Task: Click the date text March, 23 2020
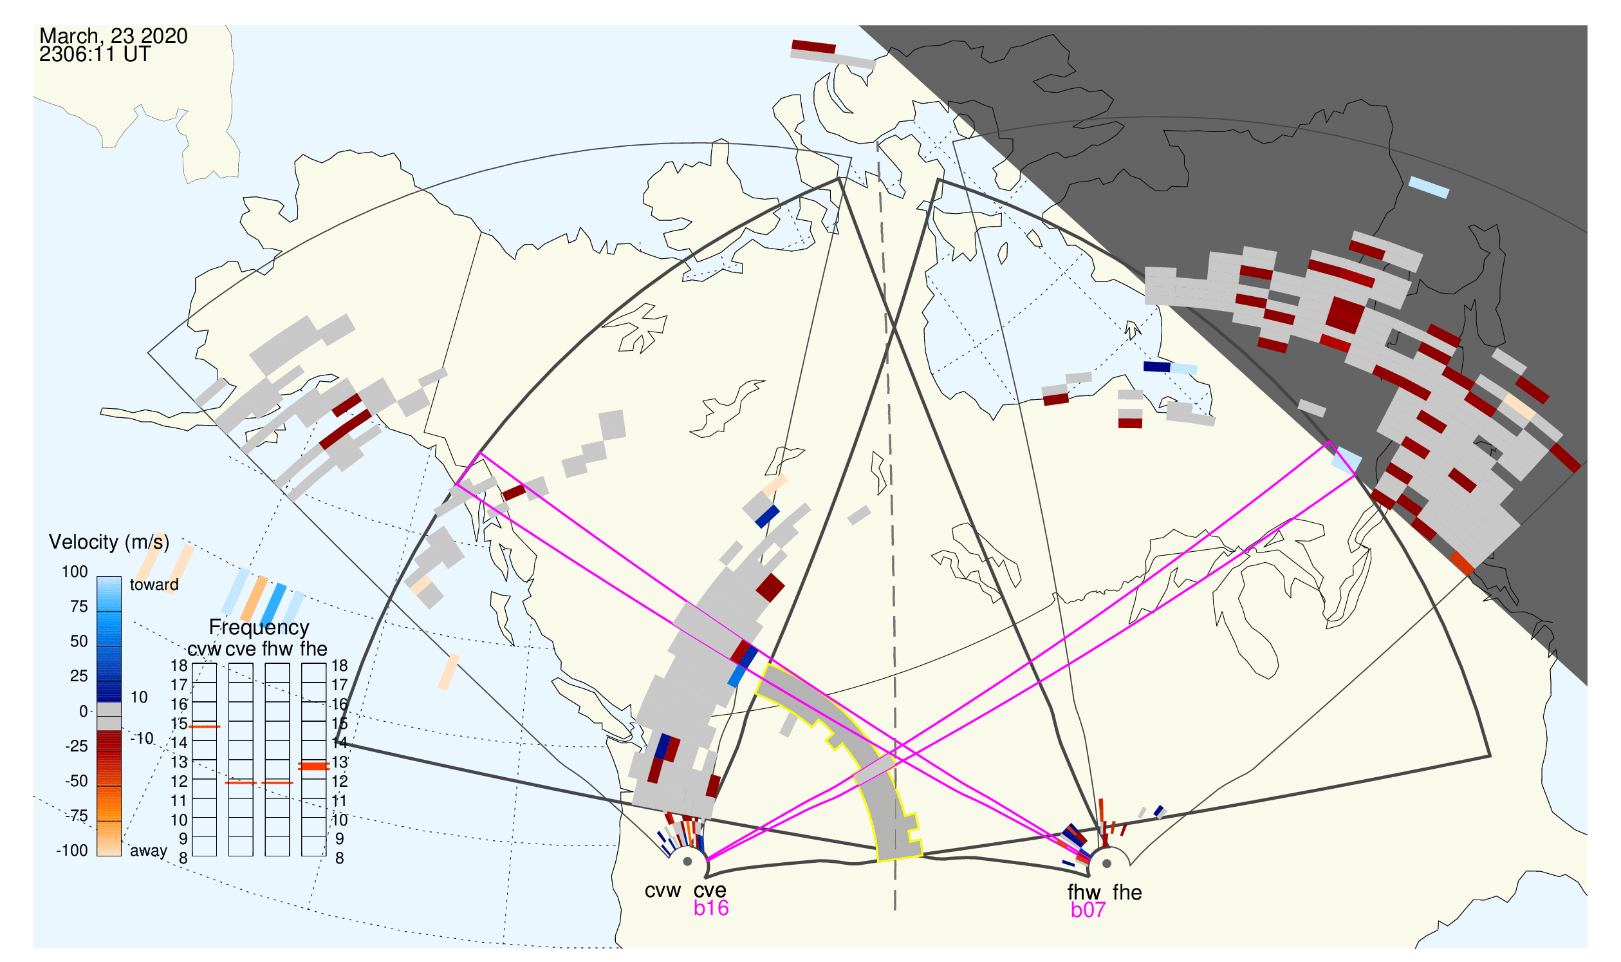pos(113,35)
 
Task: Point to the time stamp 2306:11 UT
pos(95,55)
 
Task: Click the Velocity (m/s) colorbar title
pos(109,542)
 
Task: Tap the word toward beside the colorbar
pos(154,585)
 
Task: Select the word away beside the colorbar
pos(149,851)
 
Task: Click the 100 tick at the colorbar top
pos(75,572)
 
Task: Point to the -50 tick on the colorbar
pos(77,781)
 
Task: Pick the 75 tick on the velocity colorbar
pos(79,607)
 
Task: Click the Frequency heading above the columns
pos(259,628)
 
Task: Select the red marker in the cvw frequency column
pos(205,728)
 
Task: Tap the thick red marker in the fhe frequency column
pos(314,767)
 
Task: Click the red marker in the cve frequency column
pos(241,783)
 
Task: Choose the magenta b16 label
pos(711,908)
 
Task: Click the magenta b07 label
pos(1088,910)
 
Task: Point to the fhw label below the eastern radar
pos(1084,892)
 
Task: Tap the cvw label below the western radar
pos(663,891)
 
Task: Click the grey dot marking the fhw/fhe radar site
pos(1107,864)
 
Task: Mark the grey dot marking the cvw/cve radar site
pos(687,862)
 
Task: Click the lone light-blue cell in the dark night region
pos(1429,187)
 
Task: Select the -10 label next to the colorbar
pos(142,739)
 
